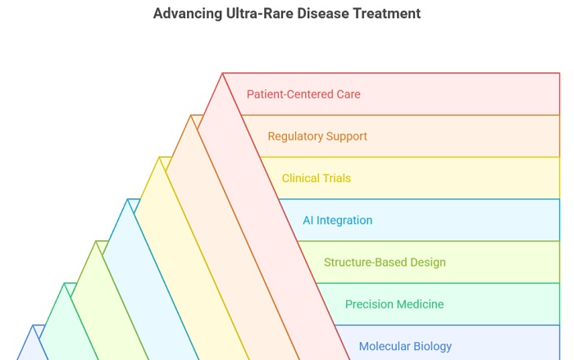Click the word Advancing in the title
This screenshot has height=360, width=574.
(188, 14)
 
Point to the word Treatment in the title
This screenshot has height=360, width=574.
(386, 13)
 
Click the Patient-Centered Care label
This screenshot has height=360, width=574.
(303, 94)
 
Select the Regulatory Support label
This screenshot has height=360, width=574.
(317, 137)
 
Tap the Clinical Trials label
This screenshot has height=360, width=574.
(317, 178)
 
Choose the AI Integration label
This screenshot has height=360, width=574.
(338, 221)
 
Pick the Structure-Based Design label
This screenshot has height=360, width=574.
(385, 262)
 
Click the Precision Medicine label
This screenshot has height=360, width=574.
(394, 304)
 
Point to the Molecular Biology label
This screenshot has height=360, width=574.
(405, 346)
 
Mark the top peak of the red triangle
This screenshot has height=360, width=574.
(222, 73)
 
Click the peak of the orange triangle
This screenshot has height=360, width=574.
(191, 116)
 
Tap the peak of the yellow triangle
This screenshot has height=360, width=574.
(159, 157)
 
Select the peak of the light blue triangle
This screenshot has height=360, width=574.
(128, 199)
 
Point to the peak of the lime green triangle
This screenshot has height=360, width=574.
(96, 241)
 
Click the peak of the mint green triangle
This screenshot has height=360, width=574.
(65, 283)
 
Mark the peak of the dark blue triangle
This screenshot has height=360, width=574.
(33, 326)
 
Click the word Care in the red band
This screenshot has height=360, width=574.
(348, 94)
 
